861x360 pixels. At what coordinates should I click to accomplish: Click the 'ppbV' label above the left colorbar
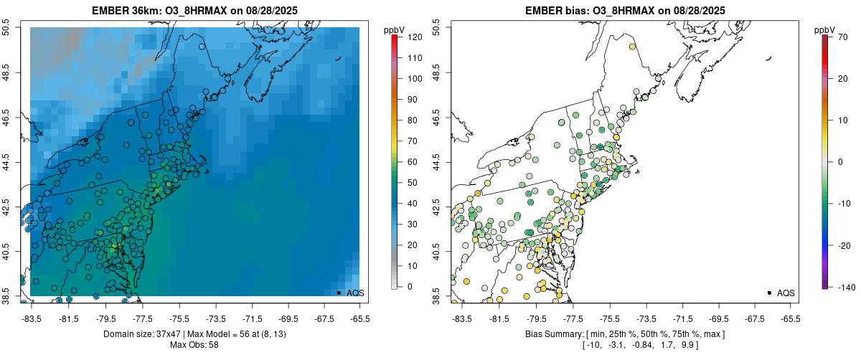coord(394,29)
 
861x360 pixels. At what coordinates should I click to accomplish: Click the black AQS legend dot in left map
coord(339,293)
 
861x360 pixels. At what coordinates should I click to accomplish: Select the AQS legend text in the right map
coord(786,293)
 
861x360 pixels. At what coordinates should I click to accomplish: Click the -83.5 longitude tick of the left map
coord(31,318)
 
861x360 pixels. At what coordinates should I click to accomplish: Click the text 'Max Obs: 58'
coord(194,345)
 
